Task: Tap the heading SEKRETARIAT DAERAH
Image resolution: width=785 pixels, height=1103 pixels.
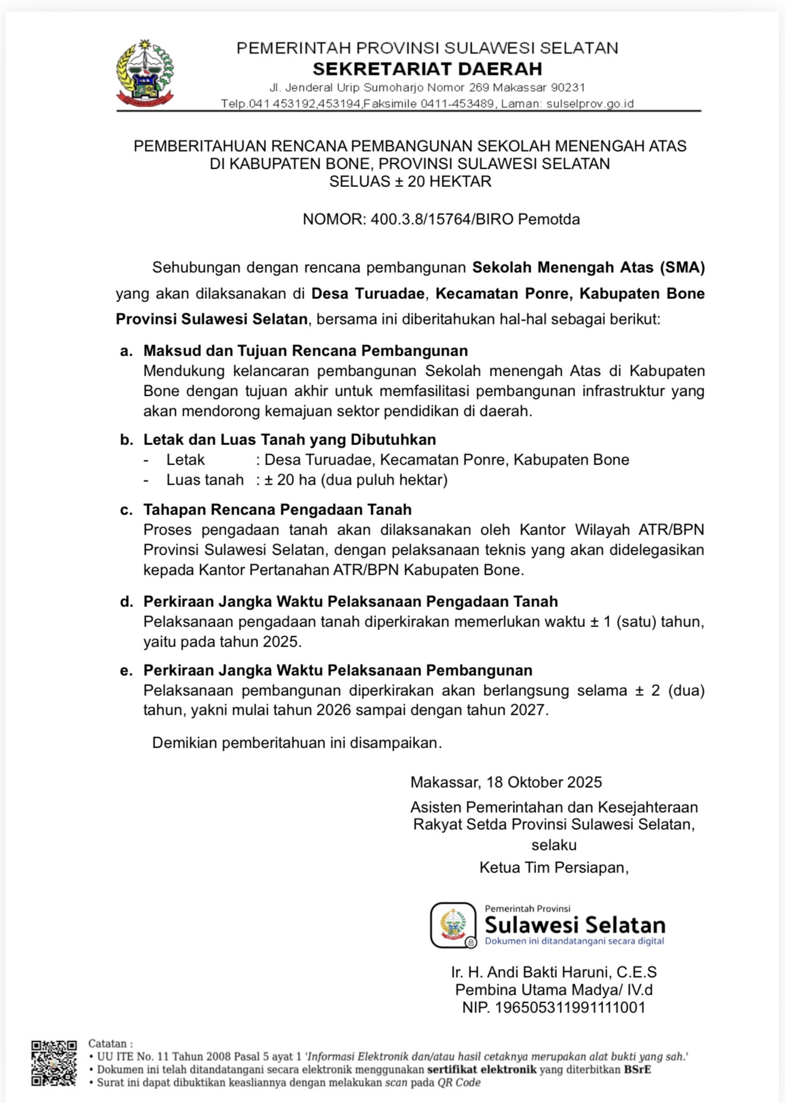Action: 427,68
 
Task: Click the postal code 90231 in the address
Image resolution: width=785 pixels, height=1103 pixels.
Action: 568,88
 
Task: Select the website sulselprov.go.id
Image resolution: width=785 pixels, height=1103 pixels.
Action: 590,104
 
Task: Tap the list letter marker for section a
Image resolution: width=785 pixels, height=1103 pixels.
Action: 126,351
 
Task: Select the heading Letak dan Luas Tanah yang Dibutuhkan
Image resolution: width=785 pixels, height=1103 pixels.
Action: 290,439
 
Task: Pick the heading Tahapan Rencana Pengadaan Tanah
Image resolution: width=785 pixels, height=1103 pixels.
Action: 277,509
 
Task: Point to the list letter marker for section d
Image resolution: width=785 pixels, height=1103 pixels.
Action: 126,601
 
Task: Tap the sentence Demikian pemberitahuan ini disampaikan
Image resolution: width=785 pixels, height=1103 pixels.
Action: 297,743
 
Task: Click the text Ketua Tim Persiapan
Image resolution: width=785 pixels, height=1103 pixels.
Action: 554,867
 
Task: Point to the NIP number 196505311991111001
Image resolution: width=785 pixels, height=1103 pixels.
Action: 570,1007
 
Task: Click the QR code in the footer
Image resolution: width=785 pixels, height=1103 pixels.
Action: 54,1063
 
